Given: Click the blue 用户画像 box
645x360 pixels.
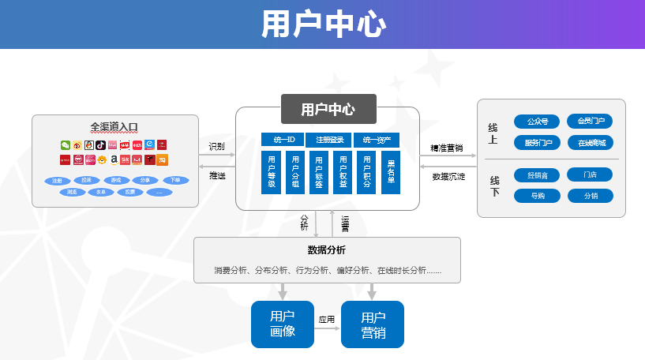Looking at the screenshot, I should click(x=283, y=324).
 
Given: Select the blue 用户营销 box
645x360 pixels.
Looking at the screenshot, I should click(x=372, y=324).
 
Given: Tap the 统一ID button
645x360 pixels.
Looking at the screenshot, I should click(x=283, y=140).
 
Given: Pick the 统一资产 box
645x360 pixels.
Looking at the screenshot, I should click(x=377, y=140).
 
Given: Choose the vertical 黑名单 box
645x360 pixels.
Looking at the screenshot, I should click(x=391, y=172).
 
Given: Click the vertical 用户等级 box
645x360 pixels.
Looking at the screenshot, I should click(x=271, y=172).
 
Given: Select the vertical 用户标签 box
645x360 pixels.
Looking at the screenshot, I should click(x=319, y=172).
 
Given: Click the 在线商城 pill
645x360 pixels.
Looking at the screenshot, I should click(x=591, y=143).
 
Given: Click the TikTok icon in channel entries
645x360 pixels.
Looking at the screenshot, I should click(x=101, y=145).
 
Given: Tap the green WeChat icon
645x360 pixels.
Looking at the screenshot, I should click(x=66, y=145).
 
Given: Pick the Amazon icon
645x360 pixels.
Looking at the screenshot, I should click(x=114, y=159).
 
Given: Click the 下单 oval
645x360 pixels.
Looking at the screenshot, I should click(x=175, y=181).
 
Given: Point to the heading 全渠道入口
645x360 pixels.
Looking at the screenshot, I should click(x=114, y=126).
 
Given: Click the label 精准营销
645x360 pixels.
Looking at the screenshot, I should click(x=446, y=148).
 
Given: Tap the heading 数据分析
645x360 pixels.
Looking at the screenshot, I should click(x=326, y=250).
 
